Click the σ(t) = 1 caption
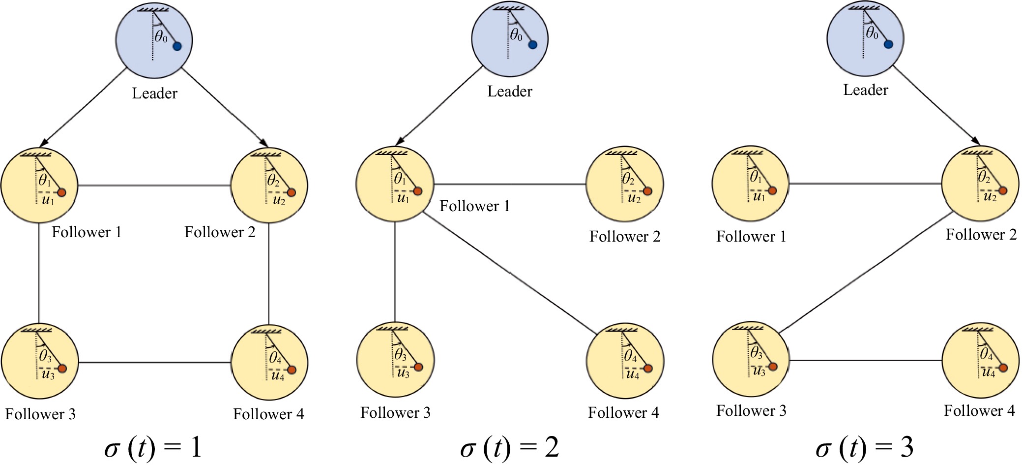153,447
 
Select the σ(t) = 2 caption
509,447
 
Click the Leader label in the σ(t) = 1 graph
154,93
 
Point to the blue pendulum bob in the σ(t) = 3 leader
888,45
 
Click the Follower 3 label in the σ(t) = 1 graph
40,414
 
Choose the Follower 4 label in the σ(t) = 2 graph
623,412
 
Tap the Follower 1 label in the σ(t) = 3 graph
751,237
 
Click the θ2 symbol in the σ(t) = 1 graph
273,181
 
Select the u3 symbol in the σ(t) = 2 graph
403,373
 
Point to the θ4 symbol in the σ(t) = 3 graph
986,353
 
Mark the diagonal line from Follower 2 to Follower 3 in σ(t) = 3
865,273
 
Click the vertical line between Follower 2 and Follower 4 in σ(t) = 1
269,274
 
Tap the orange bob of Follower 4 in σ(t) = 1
292,370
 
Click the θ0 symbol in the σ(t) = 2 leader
516,35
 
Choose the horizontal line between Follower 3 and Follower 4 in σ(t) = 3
865,360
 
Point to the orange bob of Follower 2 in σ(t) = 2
647,191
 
